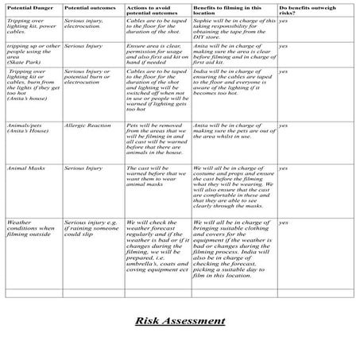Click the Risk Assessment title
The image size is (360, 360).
(180, 320)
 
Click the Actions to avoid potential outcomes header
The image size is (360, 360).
(151, 11)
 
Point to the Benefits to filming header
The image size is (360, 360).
(225, 11)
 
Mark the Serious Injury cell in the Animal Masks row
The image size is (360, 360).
(83, 168)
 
